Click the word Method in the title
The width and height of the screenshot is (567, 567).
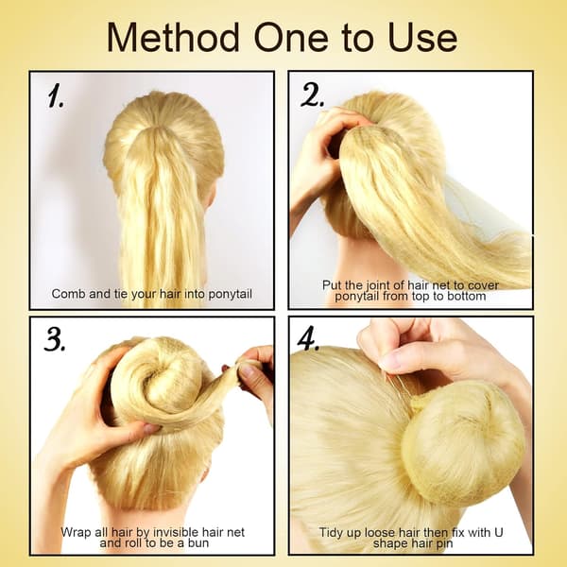point(173,37)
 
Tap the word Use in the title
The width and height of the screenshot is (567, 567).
point(422,38)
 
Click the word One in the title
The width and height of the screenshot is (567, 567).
point(291,38)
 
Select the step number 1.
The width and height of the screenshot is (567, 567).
point(56,95)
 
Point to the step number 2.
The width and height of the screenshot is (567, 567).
point(312,95)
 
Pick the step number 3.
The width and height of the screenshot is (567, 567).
point(55,340)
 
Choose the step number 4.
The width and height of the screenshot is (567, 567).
point(308,339)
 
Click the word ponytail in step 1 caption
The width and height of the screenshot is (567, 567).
point(230,294)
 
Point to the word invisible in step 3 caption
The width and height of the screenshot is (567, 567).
point(176,532)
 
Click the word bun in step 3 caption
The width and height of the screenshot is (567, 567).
point(198,542)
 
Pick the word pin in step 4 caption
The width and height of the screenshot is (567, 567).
point(445,544)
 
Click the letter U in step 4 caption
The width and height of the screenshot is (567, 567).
point(499,532)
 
